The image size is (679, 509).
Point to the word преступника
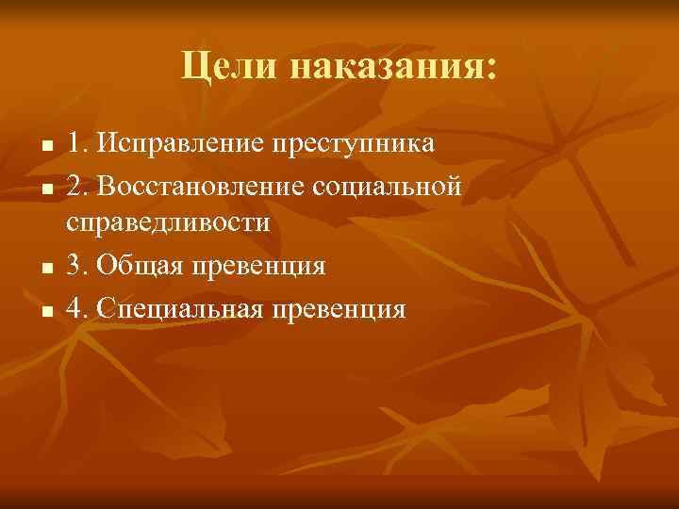coord(353,143)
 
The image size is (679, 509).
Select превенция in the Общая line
coord(261,265)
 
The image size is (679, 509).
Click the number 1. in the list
coord(77,143)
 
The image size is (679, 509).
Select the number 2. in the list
coord(78,184)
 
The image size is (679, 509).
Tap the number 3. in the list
coord(78,265)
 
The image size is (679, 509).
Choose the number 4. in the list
coord(78,306)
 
